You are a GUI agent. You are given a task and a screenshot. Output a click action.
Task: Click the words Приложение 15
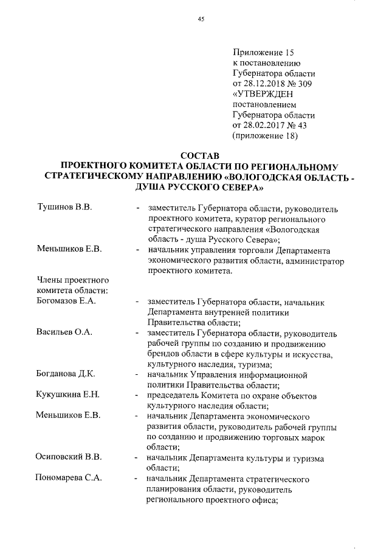263,53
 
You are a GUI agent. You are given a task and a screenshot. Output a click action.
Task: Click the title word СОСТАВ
200,157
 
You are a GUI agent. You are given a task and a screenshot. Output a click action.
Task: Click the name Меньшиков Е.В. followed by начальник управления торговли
67,249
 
